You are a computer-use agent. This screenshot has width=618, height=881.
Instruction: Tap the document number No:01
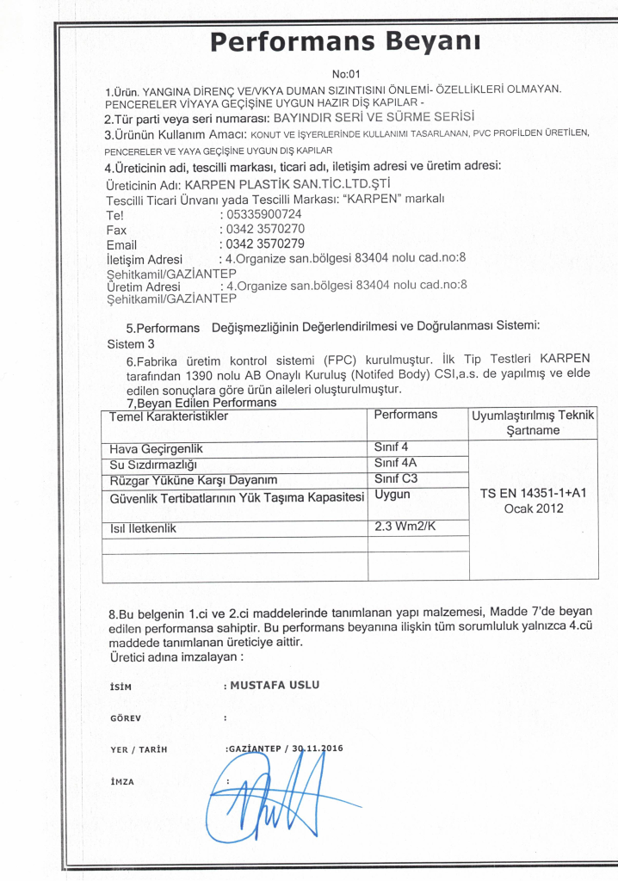tap(345, 74)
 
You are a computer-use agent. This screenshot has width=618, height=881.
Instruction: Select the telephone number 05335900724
tap(262, 214)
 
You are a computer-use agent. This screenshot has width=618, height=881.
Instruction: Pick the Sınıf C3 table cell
tap(396, 478)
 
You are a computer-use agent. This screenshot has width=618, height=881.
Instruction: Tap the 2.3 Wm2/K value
tap(407, 526)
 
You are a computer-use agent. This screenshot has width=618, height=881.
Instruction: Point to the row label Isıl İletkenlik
tap(144, 528)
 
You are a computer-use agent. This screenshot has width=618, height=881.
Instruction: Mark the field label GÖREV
tap(126, 718)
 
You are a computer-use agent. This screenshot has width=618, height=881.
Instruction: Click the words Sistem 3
tap(127, 343)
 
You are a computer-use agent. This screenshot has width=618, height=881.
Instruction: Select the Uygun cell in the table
tap(393, 495)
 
